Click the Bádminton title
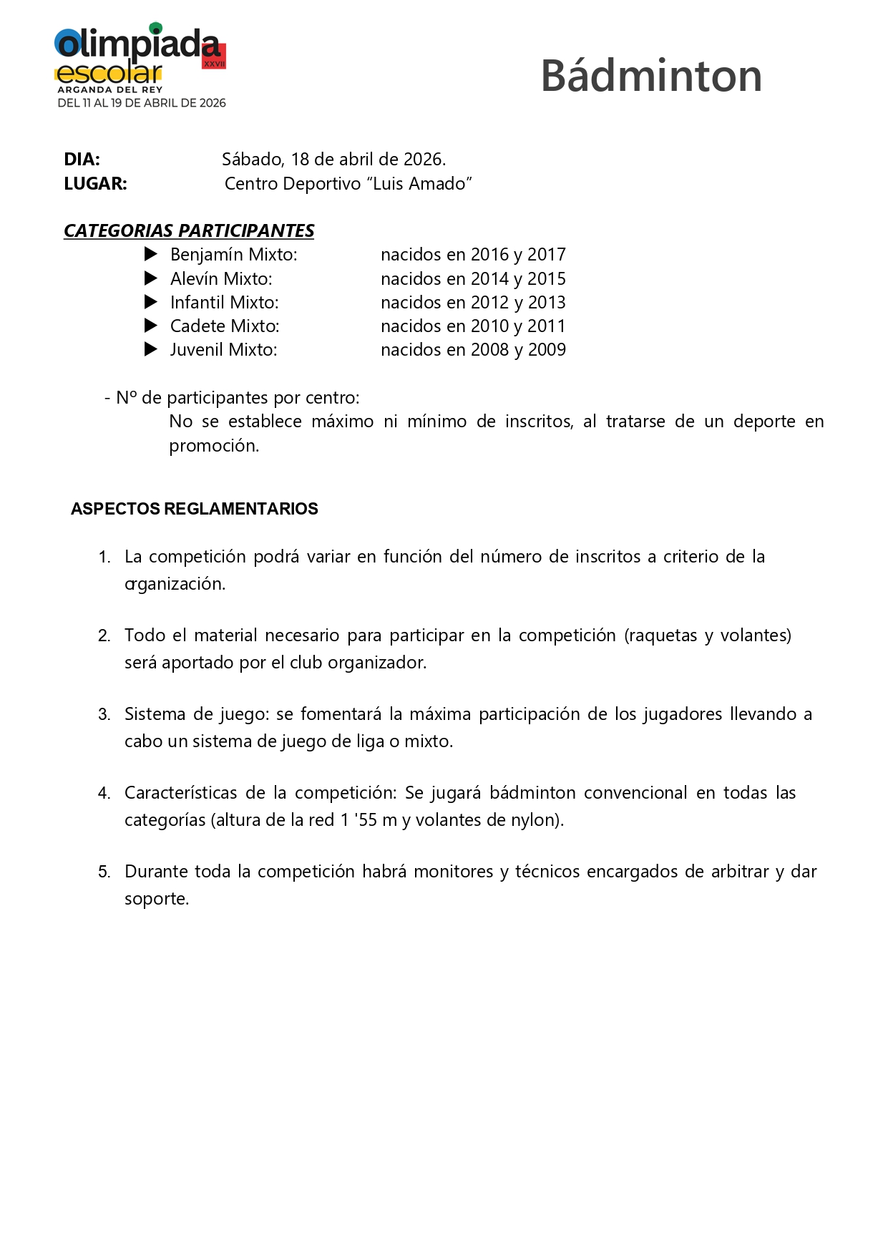tap(651, 76)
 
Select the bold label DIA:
tap(82, 159)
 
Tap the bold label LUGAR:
tap(95, 184)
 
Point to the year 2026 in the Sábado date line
tap(422, 159)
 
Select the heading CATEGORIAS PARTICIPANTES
tap(189, 230)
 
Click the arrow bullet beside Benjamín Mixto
tap(151, 254)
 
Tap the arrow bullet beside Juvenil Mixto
tap(151, 349)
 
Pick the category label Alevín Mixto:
tap(221, 278)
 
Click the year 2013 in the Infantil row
tap(547, 302)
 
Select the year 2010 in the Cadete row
tap(489, 326)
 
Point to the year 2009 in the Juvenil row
tap(547, 349)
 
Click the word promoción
tap(213, 445)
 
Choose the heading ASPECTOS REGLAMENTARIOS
tap(195, 509)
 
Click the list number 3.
tap(104, 714)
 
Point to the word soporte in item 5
tap(156, 899)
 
